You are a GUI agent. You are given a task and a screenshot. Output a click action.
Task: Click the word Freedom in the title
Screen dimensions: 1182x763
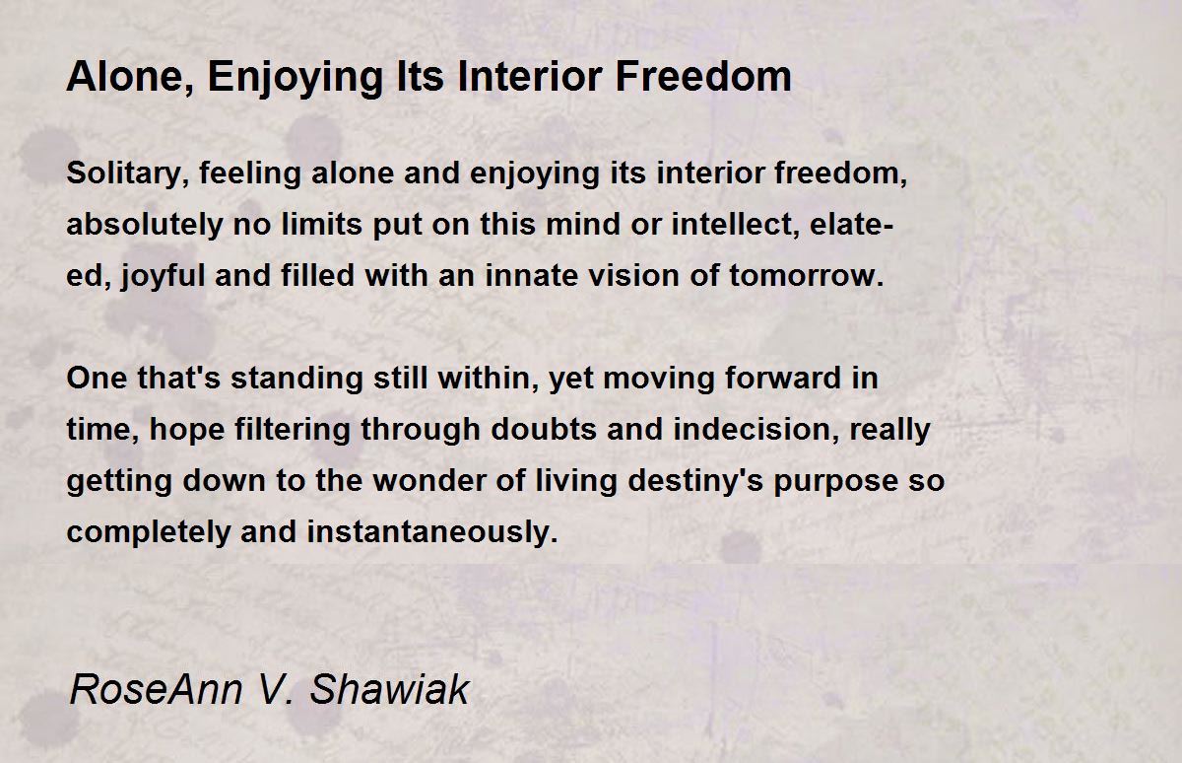pyautogui.click(x=703, y=77)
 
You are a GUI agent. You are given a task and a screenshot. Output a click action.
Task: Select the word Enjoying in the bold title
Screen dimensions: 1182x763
pyautogui.click(x=295, y=79)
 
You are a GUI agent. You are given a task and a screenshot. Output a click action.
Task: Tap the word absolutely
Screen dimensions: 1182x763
pyautogui.click(x=145, y=225)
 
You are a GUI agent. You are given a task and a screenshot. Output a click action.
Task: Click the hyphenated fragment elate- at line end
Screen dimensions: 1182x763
pyautogui.click(x=851, y=224)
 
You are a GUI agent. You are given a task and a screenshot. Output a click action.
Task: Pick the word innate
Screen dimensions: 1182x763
pyautogui.click(x=531, y=276)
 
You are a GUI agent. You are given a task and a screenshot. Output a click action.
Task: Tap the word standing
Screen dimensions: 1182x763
pyautogui.click(x=296, y=380)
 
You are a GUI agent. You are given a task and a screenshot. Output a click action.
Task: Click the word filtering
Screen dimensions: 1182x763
pyautogui.click(x=293, y=430)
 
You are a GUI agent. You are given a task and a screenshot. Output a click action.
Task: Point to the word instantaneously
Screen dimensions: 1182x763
pyautogui.click(x=432, y=532)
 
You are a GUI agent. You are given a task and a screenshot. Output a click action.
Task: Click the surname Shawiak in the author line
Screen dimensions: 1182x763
pyautogui.click(x=389, y=689)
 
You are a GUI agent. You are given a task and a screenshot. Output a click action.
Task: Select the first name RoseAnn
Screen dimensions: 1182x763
pyautogui.click(x=156, y=689)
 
